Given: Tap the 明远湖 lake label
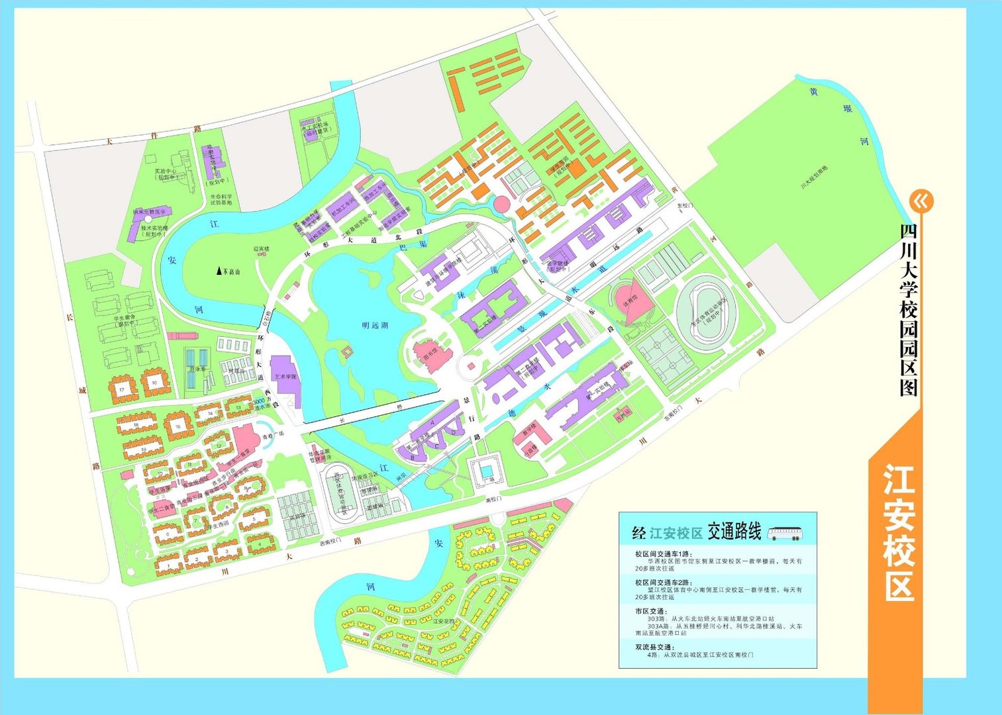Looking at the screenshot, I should coord(375,325).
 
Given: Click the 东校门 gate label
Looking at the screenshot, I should coord(683,206).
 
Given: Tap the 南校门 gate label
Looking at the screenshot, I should coord(495,500).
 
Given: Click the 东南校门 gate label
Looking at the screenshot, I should coord(673,417).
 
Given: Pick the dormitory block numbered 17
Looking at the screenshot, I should coord(122,390).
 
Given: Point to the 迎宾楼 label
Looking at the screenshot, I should coord(262,250).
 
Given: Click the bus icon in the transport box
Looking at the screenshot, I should coord(785,533).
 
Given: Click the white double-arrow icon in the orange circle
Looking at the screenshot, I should coord(921,201).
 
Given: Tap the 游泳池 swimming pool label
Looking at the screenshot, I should coord(197,369).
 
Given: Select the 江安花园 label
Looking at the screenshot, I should coord(443,622).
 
